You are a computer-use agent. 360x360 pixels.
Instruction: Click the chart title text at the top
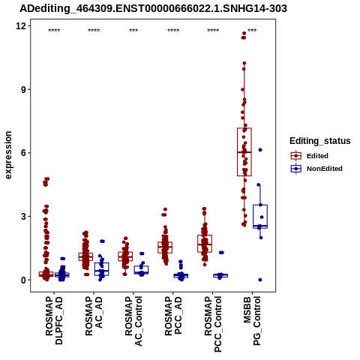coord(153,8)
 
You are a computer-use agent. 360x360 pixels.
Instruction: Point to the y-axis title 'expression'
coord(8,155)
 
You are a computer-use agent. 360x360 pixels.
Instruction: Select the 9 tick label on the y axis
coord(23,89)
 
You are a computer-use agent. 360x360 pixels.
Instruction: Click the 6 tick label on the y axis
coord(23,153)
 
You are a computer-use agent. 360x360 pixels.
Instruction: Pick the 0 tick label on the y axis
coord(23,280)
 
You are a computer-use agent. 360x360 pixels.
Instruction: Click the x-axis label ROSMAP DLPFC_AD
coord(54,320)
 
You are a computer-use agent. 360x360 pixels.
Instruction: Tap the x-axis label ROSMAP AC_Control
coord(133,321)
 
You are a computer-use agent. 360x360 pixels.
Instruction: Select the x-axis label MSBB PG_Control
coord(252,321)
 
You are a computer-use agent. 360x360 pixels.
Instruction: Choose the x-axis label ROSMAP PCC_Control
coord(213,324)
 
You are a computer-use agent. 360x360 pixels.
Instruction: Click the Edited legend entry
coord(310,156)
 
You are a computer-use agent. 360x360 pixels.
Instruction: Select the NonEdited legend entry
coord(316,169)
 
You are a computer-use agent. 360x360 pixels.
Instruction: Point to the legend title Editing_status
coord(320,141)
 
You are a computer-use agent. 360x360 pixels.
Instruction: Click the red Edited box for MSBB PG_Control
coord(244,152)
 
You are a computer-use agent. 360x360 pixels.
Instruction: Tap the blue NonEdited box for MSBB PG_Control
coord(260,217)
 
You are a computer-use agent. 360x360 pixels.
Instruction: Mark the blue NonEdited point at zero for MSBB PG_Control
coord(260,280)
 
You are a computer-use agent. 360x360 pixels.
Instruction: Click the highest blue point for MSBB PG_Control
coord(260,150)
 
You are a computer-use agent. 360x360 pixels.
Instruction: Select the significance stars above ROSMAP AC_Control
coord(133,31)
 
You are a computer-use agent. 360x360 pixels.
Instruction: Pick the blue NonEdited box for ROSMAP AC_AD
coord(101,269)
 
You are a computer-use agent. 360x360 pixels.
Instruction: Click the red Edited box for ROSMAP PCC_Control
coord(205,244)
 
